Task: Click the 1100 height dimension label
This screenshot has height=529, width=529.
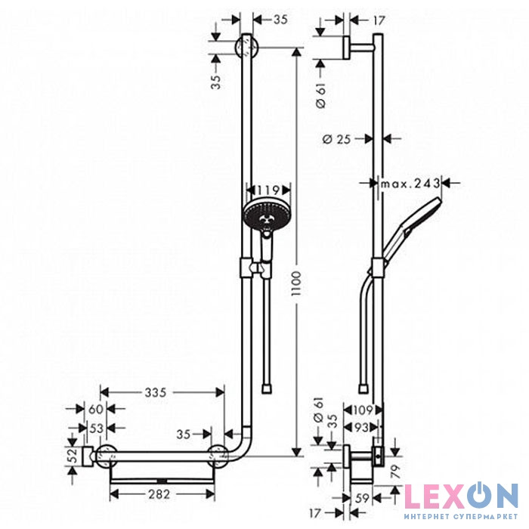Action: pos(296,283)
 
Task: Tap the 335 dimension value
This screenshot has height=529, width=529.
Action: pos(156,392)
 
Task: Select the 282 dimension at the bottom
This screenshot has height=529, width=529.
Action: pos(159,494)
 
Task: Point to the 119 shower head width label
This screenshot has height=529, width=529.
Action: pos(269,190)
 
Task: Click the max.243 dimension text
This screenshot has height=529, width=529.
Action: pos(410,184)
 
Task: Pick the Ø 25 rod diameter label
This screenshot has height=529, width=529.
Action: pos(337,138)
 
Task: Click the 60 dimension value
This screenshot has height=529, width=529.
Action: pos(95,409)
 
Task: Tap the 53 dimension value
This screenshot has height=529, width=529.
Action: pos(96,428)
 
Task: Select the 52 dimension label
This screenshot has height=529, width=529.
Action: pos(72,455)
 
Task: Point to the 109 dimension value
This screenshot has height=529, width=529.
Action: pos(363,410)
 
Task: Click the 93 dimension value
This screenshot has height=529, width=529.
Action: pos(361,428)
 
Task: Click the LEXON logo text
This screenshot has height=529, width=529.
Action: pos(461,496)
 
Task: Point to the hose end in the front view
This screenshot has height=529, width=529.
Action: pos(267,388)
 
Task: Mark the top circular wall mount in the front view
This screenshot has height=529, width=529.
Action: pos(247,47)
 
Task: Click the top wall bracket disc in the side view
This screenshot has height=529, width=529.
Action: pos(346,48)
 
